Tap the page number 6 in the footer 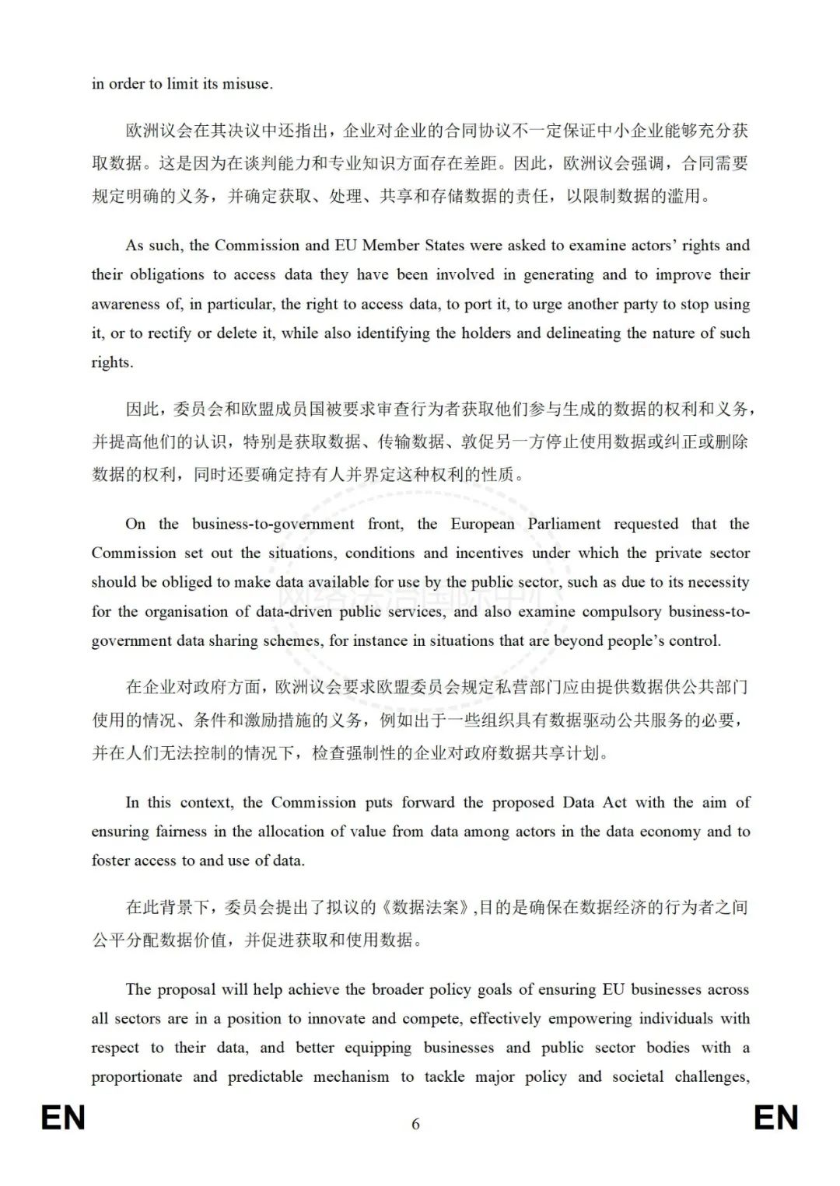(x=415, y=1124)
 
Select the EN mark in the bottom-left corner (x=63, y=1118)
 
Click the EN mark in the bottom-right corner (x=775, y=1118)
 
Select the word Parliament (x=564, y=524)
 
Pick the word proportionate (x=137, y=1077)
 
